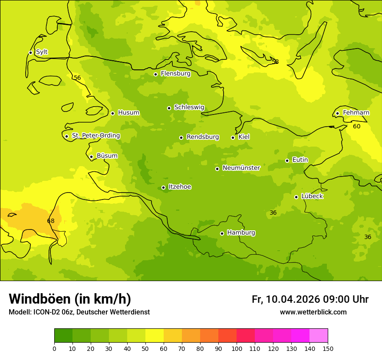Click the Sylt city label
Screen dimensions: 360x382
click(42, 52)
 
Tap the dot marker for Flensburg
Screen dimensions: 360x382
click(155, 74)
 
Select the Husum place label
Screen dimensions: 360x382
click(128, 113)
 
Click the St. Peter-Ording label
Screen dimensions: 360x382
click(95, 136)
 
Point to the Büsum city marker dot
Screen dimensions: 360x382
click(91, 157)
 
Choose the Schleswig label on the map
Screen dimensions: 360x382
click(189, 107)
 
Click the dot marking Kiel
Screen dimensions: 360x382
click(233, 137)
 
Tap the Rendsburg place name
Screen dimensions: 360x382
click(203, 137)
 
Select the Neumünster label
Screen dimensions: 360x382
click(241, 168)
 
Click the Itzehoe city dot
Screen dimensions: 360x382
click(163, 187)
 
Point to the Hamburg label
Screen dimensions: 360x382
click(241, 233)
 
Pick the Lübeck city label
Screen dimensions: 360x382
click(312, 196)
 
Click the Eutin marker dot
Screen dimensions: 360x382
click(287, 160)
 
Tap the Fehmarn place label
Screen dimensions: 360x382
click(356, 113)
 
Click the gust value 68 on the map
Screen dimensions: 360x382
click(51, 221)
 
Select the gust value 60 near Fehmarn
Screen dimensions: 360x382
click(356, 126)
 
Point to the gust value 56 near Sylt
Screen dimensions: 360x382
click(77, 78)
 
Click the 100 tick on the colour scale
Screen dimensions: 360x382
click(237, 348)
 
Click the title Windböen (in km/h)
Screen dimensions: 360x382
click(70, 299)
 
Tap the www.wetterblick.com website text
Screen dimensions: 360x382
click(313, 312)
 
